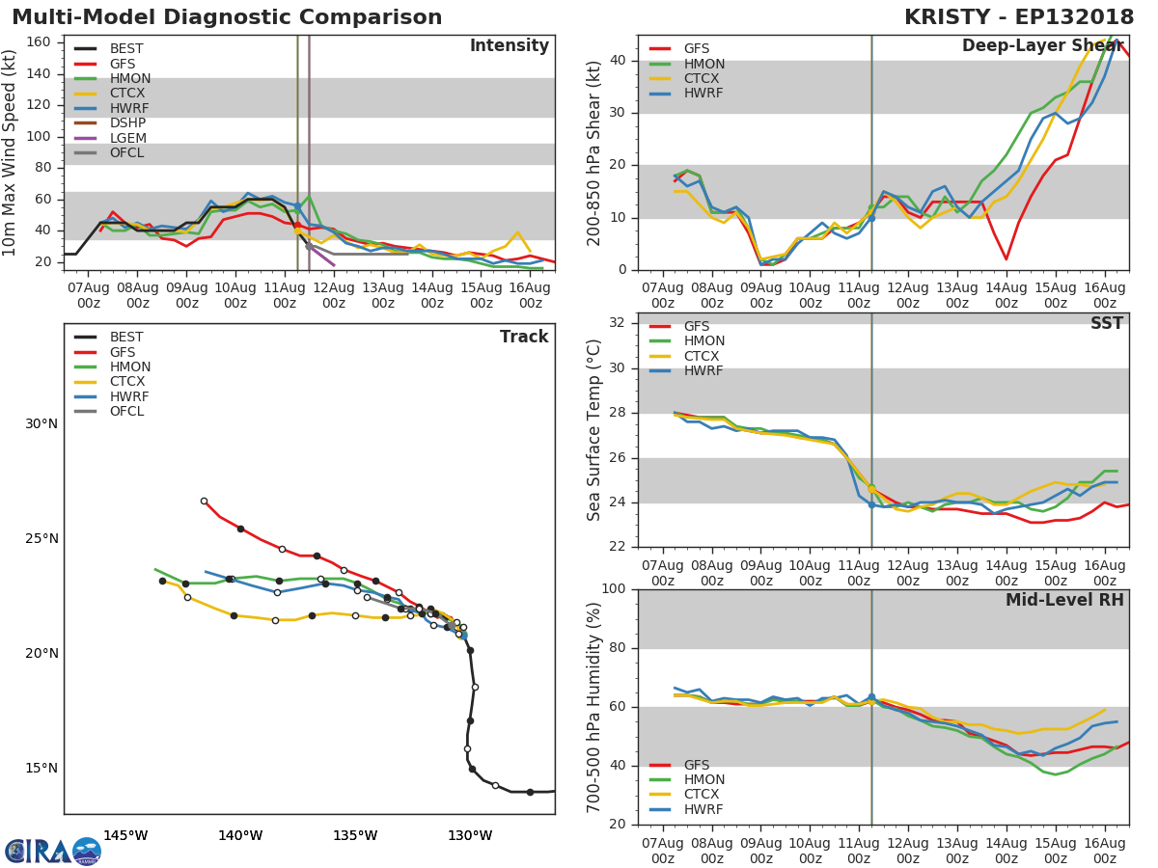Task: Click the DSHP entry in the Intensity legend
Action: click(127, 123)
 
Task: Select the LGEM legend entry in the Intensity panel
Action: click(127, 138)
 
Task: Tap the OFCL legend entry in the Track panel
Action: click(126, 412)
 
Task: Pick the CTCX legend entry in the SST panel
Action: click(703, 356)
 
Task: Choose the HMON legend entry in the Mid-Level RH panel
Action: click(703, 780)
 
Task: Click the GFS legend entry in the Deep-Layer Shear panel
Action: click(696, 49)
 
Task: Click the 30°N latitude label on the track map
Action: click(41, 424)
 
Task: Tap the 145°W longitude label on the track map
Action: click(125, 835)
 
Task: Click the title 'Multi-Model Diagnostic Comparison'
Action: click(227, 17)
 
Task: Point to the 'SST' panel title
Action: click(1106, 324)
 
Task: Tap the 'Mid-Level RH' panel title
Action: click(1064, 601)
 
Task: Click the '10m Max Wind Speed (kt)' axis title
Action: click(12, 154)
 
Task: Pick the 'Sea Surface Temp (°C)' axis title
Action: click(594, 429)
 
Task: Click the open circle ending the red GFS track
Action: click(204, 502)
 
